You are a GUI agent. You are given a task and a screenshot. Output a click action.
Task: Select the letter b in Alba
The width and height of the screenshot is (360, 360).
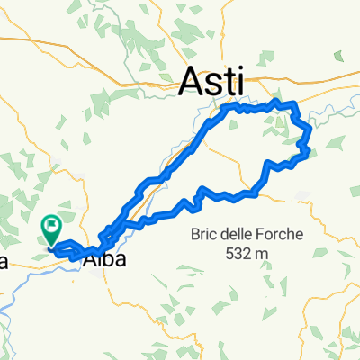(x=103, y=260)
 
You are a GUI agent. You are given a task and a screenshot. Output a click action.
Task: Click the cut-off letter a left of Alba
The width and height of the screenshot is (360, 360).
(x=4, y=262)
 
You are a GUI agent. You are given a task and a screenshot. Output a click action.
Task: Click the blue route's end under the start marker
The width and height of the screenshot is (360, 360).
(x=51, y=244)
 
